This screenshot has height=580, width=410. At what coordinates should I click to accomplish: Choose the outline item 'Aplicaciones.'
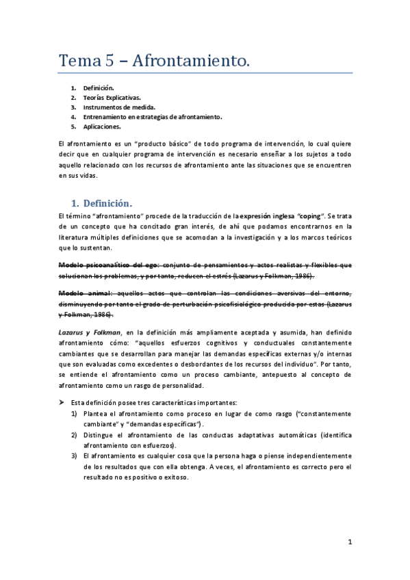pyautogui.click(x=103, y=127)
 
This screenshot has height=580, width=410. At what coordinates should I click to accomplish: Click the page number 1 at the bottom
pyautogui.click(x=350, y=542)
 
